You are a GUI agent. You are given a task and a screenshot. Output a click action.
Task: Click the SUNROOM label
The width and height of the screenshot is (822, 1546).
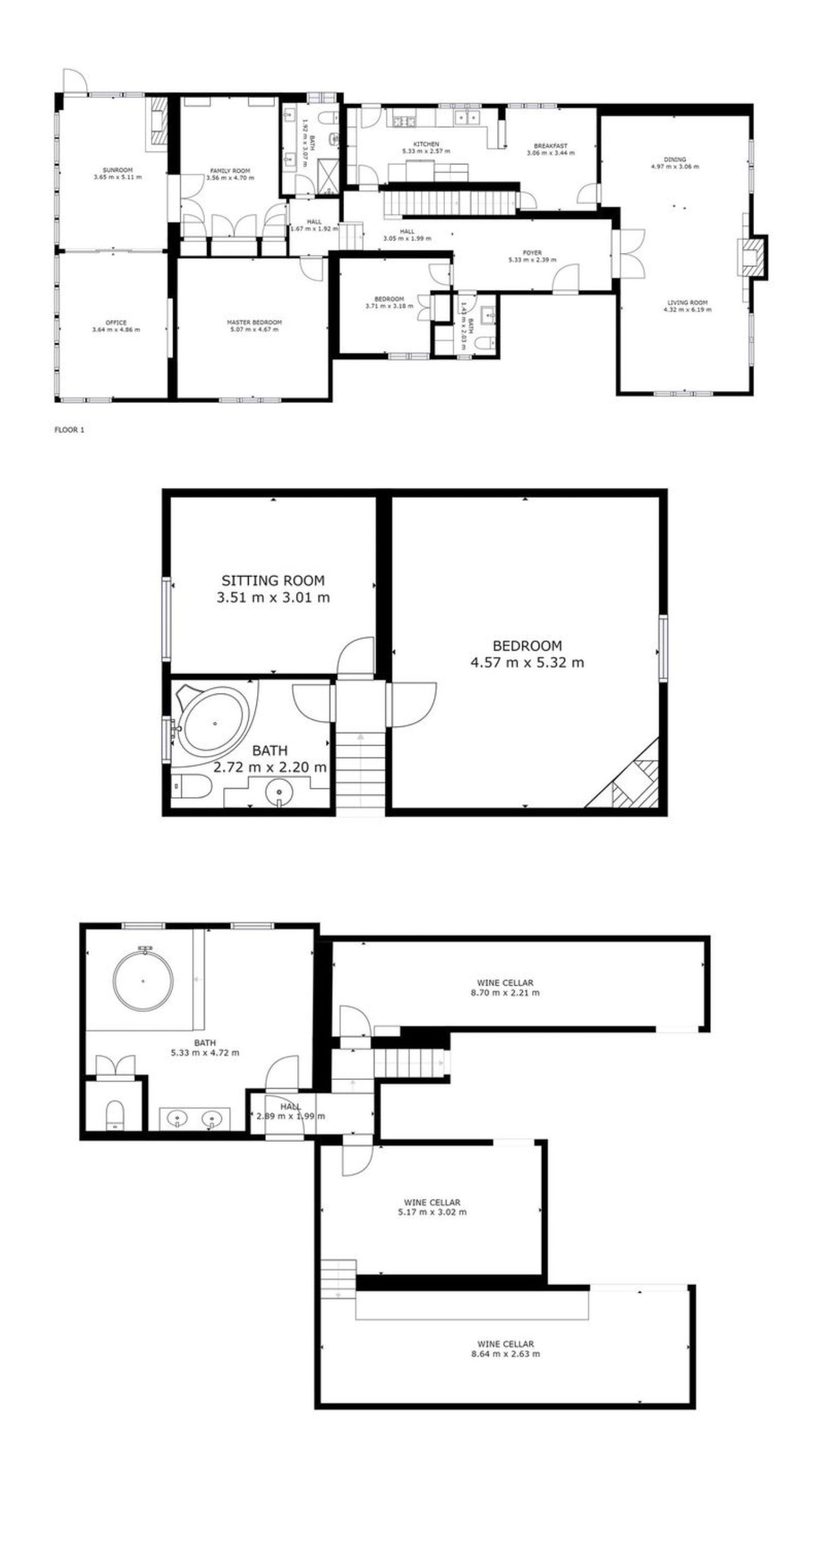click(x=118, y=170)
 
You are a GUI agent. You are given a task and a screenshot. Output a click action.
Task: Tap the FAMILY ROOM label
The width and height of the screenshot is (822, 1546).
click(x=230, y=171)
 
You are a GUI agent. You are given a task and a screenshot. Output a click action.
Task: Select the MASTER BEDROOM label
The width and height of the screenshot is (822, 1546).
click(x=254, y=322)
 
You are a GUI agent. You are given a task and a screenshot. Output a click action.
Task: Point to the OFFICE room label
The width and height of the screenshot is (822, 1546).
click(x=116, y=322)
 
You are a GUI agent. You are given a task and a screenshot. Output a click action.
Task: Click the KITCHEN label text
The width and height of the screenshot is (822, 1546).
click(x=426, y=144)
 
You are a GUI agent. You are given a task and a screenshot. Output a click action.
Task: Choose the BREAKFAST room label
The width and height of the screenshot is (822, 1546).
click(x=550, y=146)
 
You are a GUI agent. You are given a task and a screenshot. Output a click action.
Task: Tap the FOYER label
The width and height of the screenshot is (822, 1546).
click(x=532, y=253)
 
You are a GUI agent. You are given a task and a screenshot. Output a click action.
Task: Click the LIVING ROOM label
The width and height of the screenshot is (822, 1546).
click(x=688, y=303)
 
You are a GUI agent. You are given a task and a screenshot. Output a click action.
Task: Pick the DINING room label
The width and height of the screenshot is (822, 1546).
click(x=675, y=159)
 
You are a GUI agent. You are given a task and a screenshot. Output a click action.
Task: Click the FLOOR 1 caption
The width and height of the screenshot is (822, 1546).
click(x=69, y=430)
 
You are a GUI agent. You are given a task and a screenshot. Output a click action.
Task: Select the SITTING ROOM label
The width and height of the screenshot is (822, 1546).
click(x=273, y=580)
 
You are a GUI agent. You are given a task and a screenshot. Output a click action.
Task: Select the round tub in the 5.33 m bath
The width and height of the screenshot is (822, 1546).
click(x=143, y=981)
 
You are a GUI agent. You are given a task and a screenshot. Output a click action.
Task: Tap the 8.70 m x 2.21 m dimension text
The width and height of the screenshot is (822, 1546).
click(x=505, y=993)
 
